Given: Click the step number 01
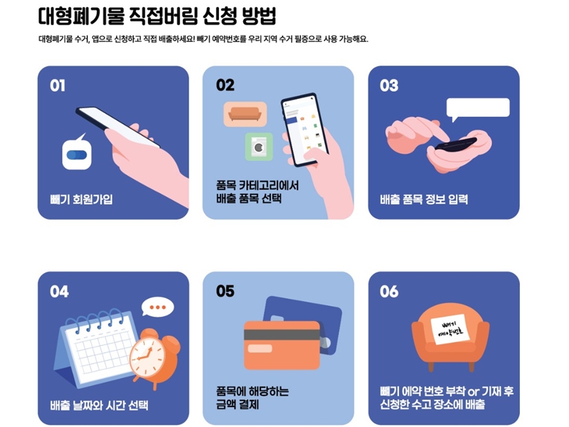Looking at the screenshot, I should (x=58, y=85).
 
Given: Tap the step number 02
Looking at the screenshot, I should (x=225, y=85).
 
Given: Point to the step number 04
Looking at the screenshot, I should (x=59, y=291).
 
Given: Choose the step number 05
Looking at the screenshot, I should (x=225, y=291).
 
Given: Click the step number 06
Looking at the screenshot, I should (x=390, y=291).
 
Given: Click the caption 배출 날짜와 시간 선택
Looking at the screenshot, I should (x=99, y=406).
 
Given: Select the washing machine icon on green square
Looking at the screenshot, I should (x=258, y=147).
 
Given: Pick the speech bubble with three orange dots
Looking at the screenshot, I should (x=157, y=307).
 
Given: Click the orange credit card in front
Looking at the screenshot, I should (x=282, y=345).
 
